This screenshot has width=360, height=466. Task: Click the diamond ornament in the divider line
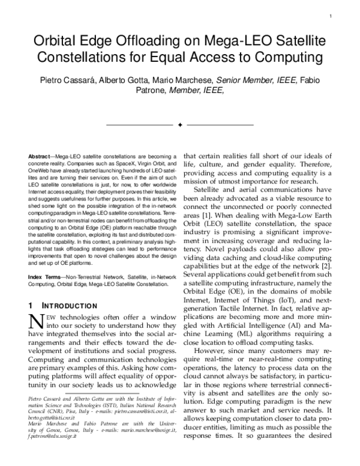[180, 124]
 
